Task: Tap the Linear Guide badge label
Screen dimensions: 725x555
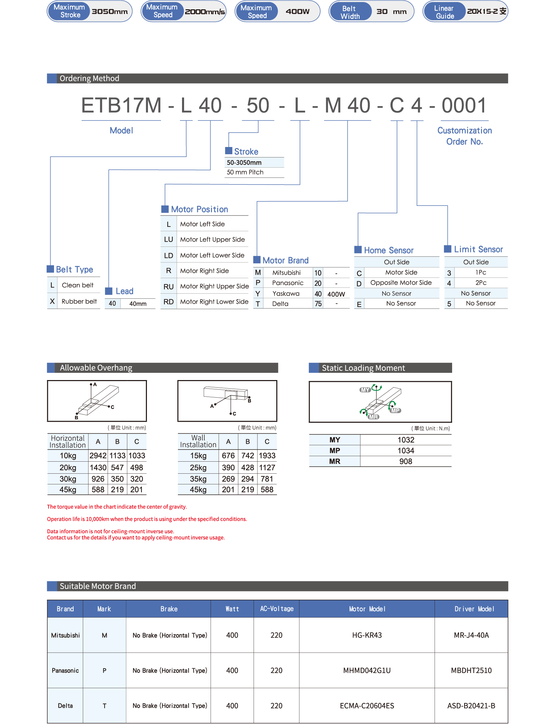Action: (x=444, y=12)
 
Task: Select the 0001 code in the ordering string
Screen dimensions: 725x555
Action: (x=464, y=105)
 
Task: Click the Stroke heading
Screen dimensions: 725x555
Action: (x=246, y=151)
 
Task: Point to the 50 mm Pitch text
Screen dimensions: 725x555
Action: (x=245, y=172)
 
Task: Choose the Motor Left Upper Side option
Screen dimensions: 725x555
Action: (x=212, y=240)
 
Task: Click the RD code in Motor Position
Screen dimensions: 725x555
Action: (x=168, y=302)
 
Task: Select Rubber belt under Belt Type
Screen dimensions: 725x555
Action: (x=79, y=302)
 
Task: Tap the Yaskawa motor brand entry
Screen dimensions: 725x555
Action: (x=286, y=294)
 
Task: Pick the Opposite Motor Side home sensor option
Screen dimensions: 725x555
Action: (x=401, y=283)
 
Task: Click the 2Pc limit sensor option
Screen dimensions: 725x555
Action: (x=481, y=283)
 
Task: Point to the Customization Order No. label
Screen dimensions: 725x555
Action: (x=465, y=136)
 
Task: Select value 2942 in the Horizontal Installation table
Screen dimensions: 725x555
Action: (x=98, y=456)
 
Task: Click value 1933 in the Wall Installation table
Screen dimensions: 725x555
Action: (x=267, y=456)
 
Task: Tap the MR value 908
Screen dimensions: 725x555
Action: (x=406, y=462)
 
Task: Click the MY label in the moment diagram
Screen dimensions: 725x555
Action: (x=365, y=390)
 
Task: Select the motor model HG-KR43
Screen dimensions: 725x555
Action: (x=367, y=635)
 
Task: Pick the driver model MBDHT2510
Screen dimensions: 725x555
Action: (x=471, y=670)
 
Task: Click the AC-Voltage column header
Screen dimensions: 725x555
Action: (x=277, y=609)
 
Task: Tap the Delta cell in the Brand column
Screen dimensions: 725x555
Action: (x=65, y=706)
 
